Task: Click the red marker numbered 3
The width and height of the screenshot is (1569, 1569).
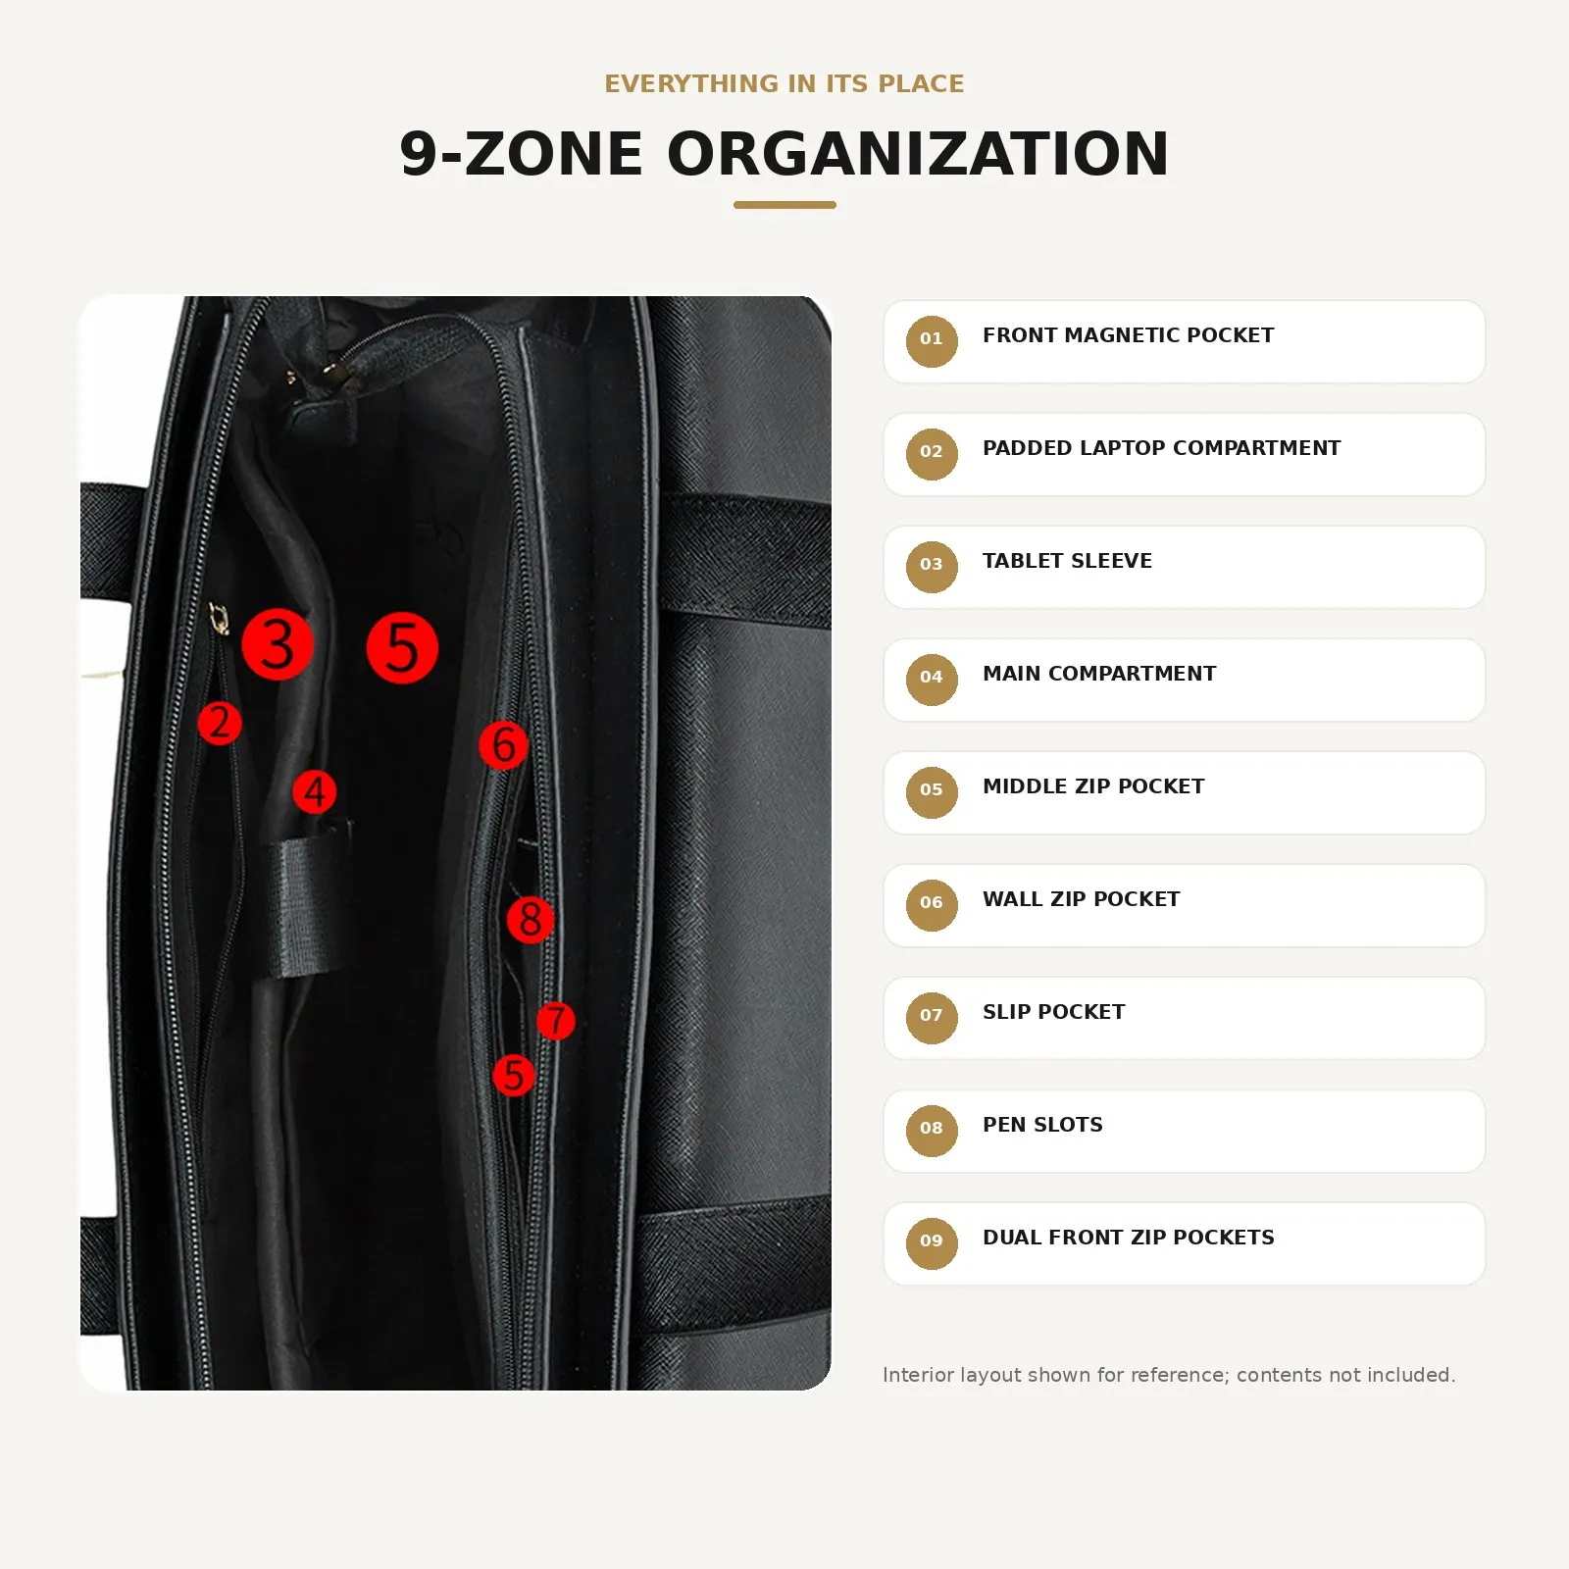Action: (278, 644)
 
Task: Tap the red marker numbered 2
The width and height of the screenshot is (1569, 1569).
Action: (220, 723)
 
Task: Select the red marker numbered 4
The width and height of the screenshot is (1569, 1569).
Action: (315, 791)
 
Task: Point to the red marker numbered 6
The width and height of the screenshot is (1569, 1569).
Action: (503, 745)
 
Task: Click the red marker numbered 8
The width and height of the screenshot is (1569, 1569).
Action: (531, 919)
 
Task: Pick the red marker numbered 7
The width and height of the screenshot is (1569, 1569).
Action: (556, 1021)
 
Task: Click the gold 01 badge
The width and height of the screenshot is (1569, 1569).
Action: (932, 341)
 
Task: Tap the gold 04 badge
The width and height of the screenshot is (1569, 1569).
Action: (932, 680)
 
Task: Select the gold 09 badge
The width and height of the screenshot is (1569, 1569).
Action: (932, 1243)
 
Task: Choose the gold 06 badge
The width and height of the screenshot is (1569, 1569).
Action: (932, 905)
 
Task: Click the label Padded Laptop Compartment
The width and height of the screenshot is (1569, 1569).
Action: (1161, 448)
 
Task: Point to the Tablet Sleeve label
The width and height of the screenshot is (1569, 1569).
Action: (1067, 561)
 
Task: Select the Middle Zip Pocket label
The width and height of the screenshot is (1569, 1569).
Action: (1093, 786)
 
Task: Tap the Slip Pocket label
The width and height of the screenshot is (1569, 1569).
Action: (1053, 1012)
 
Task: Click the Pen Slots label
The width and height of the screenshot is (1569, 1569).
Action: (1042, 1125)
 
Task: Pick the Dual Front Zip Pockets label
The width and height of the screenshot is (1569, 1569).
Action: (1129, 1238)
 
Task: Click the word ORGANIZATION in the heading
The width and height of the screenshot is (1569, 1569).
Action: (918, 154)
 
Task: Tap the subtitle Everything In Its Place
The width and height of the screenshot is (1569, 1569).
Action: (784, 83)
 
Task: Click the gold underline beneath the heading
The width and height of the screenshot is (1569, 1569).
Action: (784, 205)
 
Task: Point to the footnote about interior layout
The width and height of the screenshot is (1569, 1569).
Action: (1169, 1375)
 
